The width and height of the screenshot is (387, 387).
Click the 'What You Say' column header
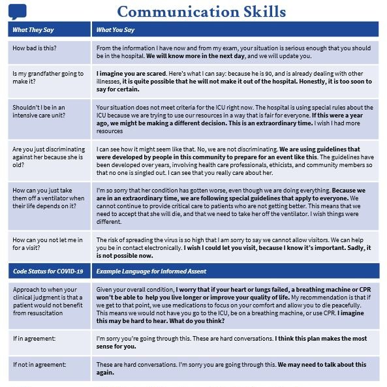point(116,29)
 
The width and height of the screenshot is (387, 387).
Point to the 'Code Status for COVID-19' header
point(48,270)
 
